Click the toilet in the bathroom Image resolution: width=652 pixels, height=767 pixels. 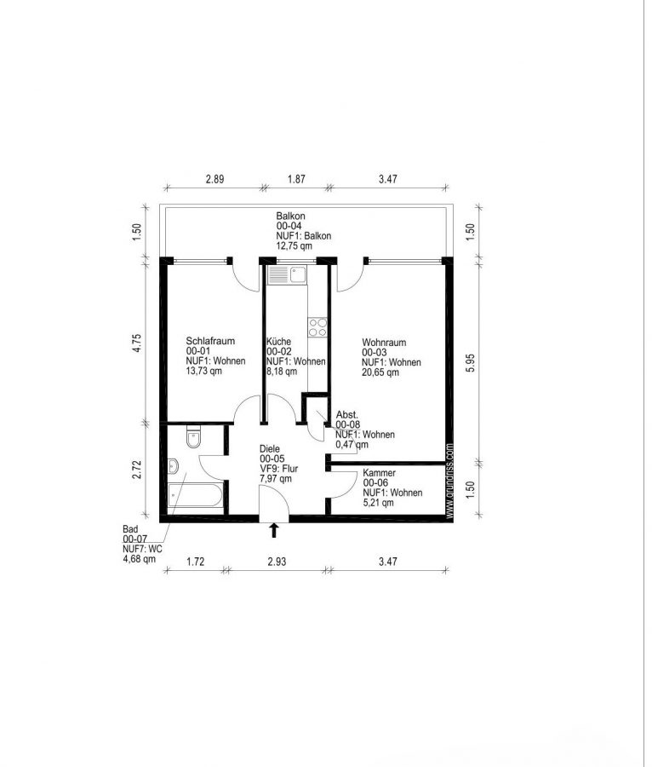pos(193,437)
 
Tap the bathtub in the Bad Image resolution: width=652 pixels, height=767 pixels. pos(196,495)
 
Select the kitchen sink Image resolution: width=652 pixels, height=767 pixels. pos(287,274)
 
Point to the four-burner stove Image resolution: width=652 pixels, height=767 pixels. pos(317,327)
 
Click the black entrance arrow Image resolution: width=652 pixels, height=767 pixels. pos(274,530)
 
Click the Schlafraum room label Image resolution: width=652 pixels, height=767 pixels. pos(210,341)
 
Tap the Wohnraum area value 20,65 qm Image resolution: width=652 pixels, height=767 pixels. pos(380,372)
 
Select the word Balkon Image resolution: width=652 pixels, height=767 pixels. pos(290,216)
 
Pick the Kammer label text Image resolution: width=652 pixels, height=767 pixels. pos(379,473)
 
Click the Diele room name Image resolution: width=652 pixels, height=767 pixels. pos(270,448)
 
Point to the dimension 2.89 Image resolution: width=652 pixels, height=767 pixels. pos(214,179)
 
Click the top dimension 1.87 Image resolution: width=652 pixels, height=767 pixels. pos(296,179)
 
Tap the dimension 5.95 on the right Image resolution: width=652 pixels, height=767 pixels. pos(470,362)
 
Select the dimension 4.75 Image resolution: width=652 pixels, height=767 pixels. pos(137,343)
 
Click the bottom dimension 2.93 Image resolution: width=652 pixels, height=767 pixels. pos(277,562)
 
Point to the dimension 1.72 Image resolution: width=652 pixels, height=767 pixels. pos(196,562)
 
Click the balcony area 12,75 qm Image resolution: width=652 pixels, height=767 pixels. pos(294,245)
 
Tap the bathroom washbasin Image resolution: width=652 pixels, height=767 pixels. pos(173,466)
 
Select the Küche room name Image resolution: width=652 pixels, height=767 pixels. pos(278,342)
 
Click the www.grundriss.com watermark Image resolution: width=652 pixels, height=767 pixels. pos(449,481)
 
